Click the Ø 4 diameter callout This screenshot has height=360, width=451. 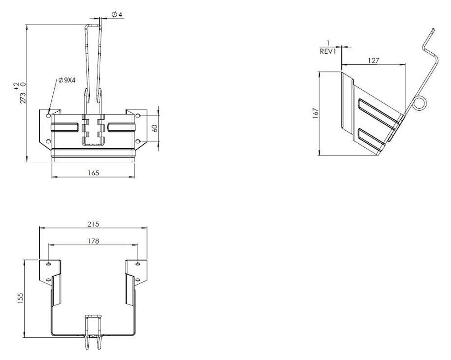point(116,14)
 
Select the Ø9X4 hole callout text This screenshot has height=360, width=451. point(67,80)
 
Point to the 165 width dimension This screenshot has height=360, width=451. point(93,173)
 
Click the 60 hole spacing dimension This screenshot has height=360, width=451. point(155,128)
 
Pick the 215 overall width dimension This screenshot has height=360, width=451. point(93,224)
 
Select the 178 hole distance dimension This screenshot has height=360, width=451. point(93,241)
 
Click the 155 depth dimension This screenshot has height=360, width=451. point(20,299)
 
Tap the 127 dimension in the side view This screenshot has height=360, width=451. point(373,61)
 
